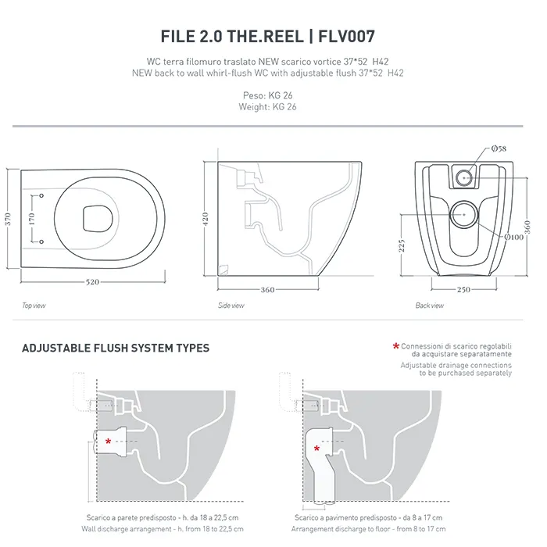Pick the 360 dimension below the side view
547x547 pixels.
click(x=267, y=290)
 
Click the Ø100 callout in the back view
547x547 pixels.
click(x=513, y=237)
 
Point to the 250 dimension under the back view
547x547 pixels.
click(x=463, y=289)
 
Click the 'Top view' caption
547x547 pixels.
click(x=34, y=306)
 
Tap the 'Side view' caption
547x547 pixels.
click(x=231, y=306)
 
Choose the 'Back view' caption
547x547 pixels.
click(x=430, y=306)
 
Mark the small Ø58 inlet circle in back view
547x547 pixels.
click(x=463, y=176)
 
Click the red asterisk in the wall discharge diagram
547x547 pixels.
click(x=108, y=442)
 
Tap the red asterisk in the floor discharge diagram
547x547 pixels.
click(x=316, y=449)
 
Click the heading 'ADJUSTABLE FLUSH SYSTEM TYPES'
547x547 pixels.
click(x=116, y=348)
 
